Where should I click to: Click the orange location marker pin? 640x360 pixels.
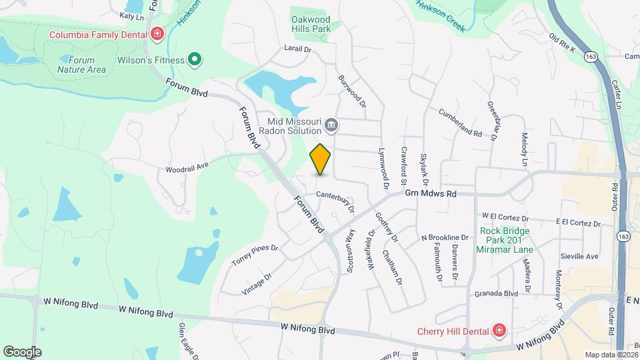(x=321, y=159)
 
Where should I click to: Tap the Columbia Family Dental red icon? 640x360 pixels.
(x=157, y=33)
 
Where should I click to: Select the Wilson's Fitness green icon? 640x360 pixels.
(x=195, y=60)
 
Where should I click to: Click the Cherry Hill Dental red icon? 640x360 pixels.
(x=499, y=331)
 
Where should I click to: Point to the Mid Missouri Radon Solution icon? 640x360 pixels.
(x=331, y=125)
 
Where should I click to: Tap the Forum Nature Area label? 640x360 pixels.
(x=81, y=64)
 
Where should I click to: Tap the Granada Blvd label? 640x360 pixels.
(x=496, y=293)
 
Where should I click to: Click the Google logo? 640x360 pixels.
(x=22, y=351)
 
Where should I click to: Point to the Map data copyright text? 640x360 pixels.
(x=610, y=354)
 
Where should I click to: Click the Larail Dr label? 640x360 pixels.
(x=297, y=49)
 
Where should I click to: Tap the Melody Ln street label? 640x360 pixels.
(x=525, y=150)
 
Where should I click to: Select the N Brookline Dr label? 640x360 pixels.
(x=445, y=237)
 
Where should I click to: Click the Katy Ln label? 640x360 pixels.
(x=131, y=15)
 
